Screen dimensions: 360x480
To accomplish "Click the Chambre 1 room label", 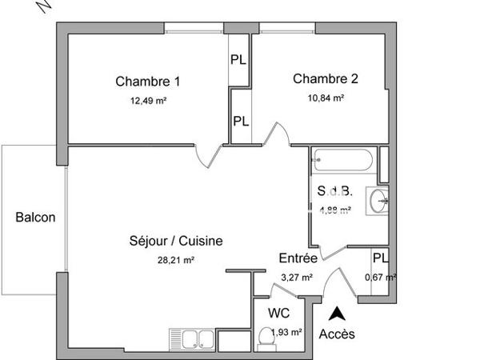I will click(148, 81).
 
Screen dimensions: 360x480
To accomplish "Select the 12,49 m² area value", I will click(148, 100).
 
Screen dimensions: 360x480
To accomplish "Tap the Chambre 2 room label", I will click(325, 78).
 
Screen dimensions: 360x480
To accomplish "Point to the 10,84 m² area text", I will click(325, 98).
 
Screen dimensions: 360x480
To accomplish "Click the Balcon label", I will click(36, 217).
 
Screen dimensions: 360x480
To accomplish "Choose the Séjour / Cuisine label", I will click(175, 240).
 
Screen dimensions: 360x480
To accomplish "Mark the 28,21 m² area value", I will click(177, 259).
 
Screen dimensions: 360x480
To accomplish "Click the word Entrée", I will click(298, 258).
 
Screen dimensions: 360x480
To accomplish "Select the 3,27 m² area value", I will click(297, 278).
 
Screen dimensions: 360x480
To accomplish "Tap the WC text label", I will click(278, 314).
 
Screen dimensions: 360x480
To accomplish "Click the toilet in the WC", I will click(266, 340).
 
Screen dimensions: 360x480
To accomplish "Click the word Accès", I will click(337, 334).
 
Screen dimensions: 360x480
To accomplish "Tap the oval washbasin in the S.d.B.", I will click(378, 202).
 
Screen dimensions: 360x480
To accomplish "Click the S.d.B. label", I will click(333, 191).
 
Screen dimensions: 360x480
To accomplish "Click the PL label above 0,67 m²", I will click(380, 258).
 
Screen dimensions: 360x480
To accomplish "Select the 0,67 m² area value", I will click(380, 278).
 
